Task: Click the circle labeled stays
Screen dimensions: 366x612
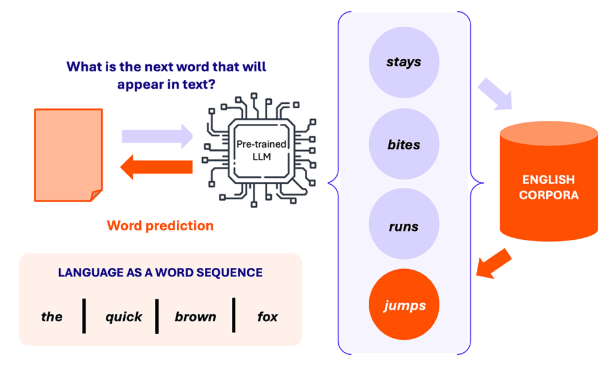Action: [404, 63]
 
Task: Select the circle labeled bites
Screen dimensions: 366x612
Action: [404, 145]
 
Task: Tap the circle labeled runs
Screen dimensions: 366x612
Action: [404, 227]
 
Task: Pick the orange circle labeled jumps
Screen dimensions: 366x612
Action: [404, 305]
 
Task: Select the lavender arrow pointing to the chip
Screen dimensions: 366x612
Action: [157, 136]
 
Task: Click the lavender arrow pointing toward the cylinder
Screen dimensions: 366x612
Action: [495, 95]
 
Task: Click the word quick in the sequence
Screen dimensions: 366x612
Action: [124, 316]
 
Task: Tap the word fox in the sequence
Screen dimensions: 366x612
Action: [267, 316]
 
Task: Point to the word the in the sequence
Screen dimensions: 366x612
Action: [51, 316]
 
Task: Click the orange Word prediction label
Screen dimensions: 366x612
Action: [160, 225]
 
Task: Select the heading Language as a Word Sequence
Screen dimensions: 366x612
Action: [160, 272]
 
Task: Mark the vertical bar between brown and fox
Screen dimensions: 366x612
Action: [234, 315]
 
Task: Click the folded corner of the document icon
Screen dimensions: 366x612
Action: [96, 196]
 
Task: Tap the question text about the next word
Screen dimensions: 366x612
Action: [166, 75]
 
